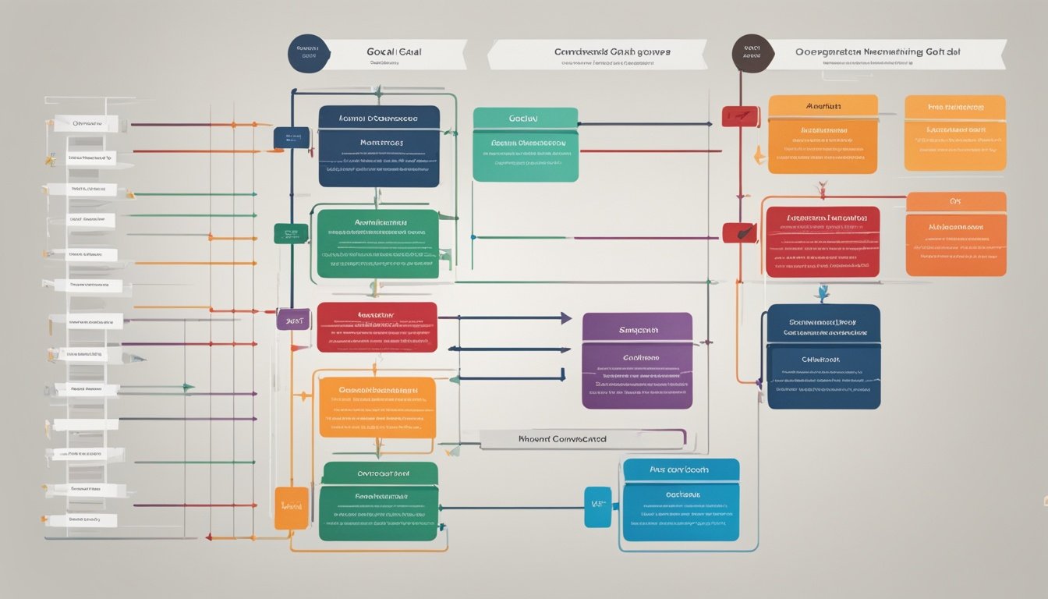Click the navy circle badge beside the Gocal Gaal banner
coord(308,53)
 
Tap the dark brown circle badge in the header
coord(752,53)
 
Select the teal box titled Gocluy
coord(526,144)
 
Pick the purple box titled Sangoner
coord(637,360)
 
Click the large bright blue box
coord(681,499)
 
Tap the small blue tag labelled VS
coord(598,507)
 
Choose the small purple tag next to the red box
coord(293,319)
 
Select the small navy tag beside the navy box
coord(292,138)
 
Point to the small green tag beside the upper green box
coord(291,233)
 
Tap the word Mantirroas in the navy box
coord(381,144)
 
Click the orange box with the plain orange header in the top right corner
coord(955,133)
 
